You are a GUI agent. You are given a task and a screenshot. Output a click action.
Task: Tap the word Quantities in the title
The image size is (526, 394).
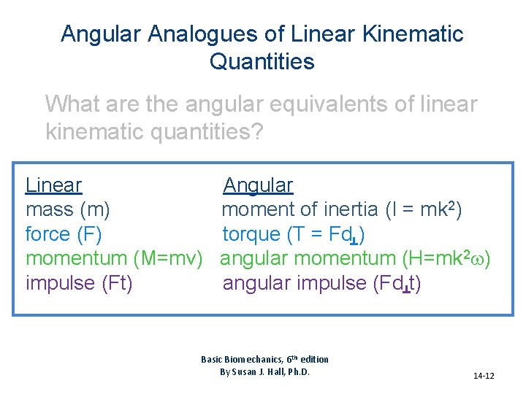(262, 61)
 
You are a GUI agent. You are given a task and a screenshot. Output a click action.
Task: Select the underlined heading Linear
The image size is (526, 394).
(53, 185)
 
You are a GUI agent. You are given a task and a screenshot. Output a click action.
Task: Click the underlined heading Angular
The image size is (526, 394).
(258, 185)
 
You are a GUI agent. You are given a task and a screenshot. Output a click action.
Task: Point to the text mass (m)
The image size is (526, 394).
(68, 209)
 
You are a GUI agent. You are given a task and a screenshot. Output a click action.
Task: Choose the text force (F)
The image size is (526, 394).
(64, 234)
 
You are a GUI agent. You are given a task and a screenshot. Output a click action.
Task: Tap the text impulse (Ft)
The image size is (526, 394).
(79, 283)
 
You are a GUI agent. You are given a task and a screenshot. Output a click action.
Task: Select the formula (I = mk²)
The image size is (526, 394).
(423, 209)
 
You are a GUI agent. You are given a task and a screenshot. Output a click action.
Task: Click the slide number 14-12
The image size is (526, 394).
(484, 376)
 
